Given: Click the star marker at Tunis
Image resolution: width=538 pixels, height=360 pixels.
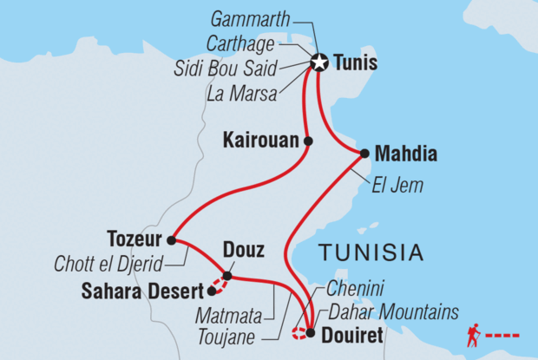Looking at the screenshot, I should [318, 62].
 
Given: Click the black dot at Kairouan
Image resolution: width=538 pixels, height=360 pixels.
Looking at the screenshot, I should [308, 140].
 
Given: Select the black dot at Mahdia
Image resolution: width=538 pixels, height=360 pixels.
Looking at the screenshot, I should [364, 154].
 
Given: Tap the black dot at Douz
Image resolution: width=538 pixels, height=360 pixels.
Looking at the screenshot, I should [227, 276].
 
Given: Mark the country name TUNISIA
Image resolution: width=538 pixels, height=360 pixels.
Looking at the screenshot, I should [371, 253].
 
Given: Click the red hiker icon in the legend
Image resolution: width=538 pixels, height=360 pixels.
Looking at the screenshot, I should [474, 333].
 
